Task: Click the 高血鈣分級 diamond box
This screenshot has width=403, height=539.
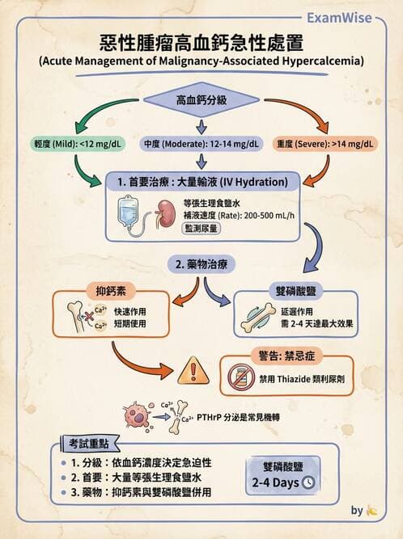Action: pos(201,101)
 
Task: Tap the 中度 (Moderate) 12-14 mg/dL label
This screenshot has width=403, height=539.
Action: pos(201,144)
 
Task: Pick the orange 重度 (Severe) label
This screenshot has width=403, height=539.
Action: pos(325,144)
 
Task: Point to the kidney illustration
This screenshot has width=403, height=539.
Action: pos(167,213)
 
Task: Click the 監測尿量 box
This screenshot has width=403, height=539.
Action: pos(203,229)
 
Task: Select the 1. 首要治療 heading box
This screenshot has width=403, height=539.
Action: pos(202,180)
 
